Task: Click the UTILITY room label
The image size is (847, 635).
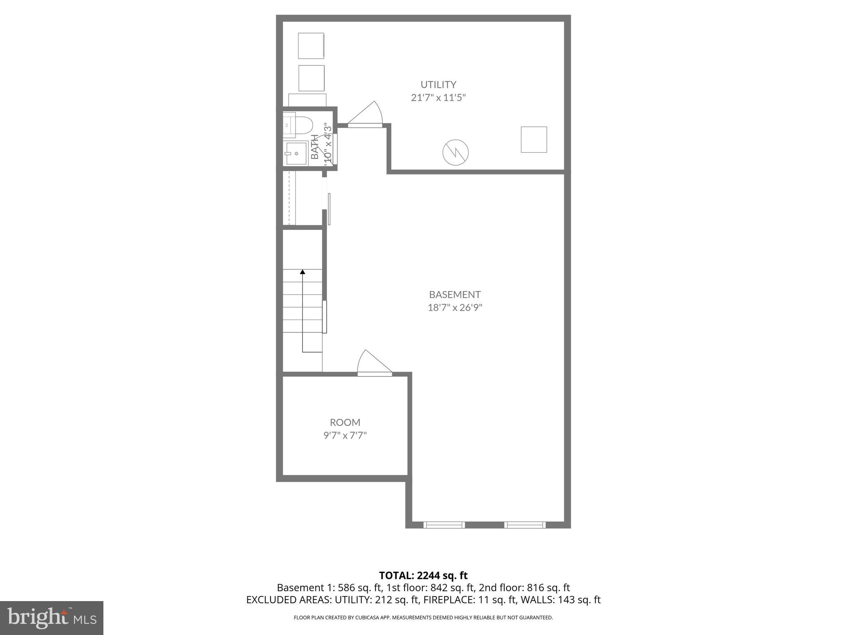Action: tap(438, 85)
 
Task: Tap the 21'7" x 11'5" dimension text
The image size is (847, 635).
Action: tap(438, 98)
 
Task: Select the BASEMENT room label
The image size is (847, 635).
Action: tap(455, 295)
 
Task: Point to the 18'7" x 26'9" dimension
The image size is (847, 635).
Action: tap(455, 308)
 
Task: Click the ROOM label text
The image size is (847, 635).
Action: tap(345, 423)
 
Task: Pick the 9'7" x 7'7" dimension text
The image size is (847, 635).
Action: tap(345, 436)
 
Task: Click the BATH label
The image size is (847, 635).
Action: tap(315, 147)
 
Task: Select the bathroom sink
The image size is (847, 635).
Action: tap(296, 153)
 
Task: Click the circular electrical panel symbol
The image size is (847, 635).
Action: tap(455, 153)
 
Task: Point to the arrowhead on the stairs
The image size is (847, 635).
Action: tap(302, 272)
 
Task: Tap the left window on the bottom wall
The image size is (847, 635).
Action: tap(444, 525)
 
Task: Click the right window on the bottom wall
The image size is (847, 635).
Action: tap(524, 525)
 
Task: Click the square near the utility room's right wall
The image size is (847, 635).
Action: tap(534, 139)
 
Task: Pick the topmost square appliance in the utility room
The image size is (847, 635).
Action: tap(311, 45)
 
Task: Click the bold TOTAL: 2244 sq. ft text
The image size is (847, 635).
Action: tap(423, 575)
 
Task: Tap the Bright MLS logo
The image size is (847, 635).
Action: tap(52, 618)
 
